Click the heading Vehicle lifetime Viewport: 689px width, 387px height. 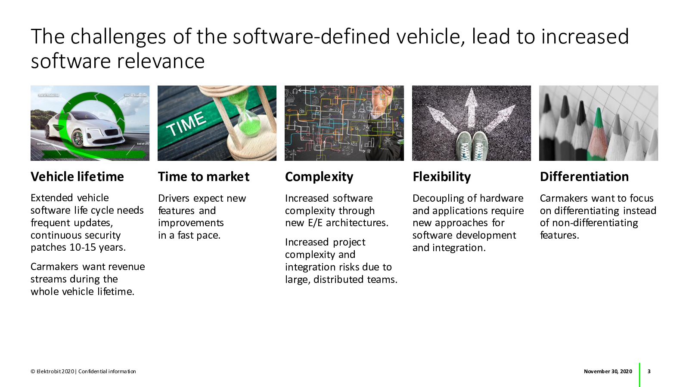77,177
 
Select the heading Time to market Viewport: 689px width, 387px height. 204,177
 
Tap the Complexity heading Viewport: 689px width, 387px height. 319,177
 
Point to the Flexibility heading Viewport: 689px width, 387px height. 442,177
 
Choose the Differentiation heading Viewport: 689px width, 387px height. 584,177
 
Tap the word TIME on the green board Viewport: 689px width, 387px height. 186,124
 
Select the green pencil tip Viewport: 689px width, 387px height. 598,118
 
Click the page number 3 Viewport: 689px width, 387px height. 649,372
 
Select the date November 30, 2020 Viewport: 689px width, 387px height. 608,372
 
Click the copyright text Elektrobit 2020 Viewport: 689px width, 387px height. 53,372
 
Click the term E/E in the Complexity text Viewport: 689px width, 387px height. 315,223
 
